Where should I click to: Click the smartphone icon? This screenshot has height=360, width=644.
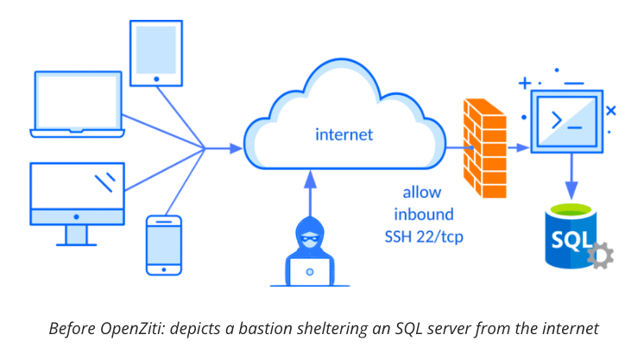click(163, 245)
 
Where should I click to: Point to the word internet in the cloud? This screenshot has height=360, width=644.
click(344, 135)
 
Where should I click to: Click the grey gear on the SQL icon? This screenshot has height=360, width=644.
click(597, 255)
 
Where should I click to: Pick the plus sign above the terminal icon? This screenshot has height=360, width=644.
click(525, 84)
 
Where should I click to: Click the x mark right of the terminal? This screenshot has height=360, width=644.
click(610, 111)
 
